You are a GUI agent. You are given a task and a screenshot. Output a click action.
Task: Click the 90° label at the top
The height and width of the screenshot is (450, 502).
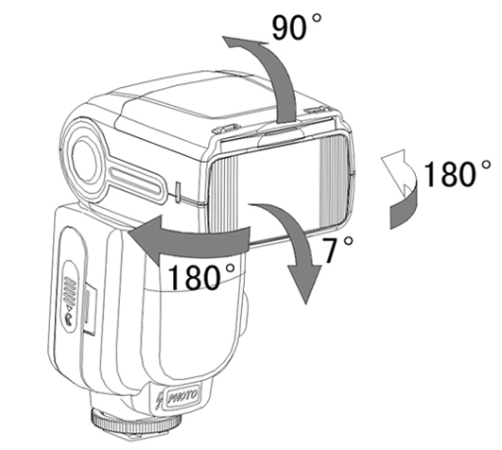click(x=296, y=27)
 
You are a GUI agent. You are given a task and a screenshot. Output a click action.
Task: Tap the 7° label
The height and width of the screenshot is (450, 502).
click(x=338, y=250)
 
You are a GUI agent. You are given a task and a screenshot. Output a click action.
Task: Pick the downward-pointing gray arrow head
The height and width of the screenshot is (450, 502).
click(x=304, y=282)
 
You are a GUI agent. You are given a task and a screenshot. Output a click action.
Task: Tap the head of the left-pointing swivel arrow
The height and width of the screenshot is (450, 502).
click(x=146, y=239)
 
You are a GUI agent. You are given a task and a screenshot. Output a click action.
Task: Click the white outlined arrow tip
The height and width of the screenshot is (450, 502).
click(x=394, y=170)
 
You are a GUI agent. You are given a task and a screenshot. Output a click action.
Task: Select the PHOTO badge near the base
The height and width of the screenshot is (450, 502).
click(x=182, y=397)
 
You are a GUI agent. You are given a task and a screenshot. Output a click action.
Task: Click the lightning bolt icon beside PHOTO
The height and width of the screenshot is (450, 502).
click(x=158, y=399)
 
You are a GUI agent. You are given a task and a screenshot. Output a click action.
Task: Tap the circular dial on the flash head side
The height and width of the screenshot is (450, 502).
click(x=84, y=158)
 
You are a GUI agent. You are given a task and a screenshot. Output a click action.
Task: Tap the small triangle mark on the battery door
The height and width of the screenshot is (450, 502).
click(x=68, y=308)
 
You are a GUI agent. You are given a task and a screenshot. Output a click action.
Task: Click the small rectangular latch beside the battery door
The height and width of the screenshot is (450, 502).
click(x=89, y=310)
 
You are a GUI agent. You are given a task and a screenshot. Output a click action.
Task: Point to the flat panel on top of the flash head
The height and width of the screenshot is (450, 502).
click(x=180, y=106)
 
